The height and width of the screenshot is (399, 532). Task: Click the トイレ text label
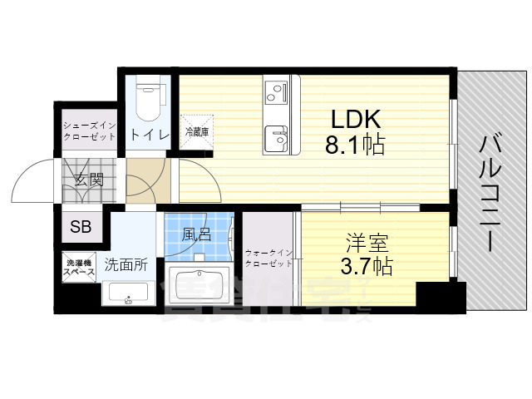click(149, 134)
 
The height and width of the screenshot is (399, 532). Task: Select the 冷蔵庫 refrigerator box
click(198, 132)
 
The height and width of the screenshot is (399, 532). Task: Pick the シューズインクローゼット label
click(91, 131)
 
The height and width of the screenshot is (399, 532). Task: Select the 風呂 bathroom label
click(197, 234)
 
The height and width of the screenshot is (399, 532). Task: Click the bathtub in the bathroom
click(201, 285)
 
